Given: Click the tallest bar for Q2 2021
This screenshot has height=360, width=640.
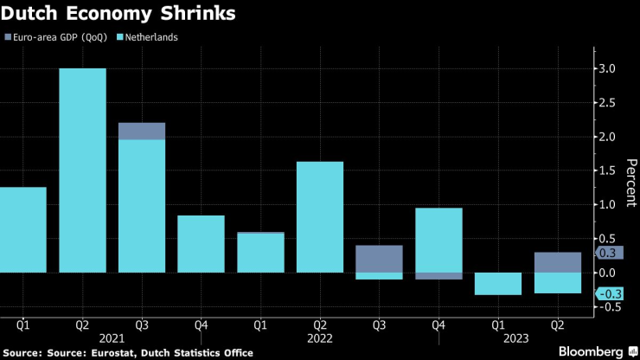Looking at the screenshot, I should point(82,170).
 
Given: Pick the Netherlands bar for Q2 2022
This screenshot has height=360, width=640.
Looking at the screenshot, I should point(319,216).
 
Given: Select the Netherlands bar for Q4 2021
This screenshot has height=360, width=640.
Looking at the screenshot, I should point(201,243).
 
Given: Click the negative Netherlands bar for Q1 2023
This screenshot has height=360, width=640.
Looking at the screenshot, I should point(497,283).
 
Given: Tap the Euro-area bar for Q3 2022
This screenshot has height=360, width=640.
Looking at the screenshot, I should point(379,258).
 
